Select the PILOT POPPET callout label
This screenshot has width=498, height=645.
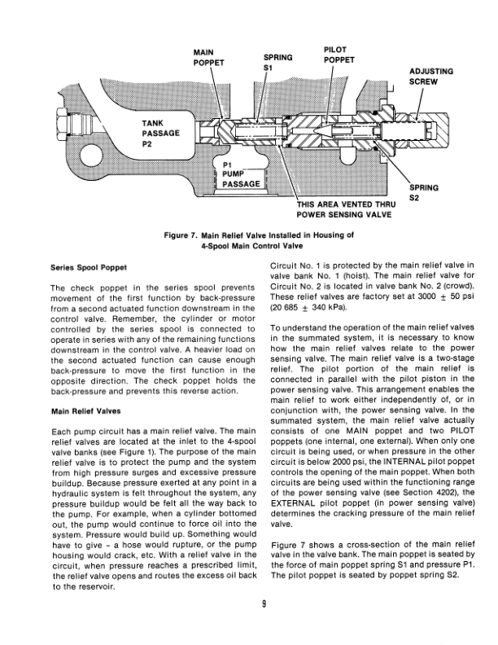click(x=338, y=54)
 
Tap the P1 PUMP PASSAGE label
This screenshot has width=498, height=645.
click(x=240, y=173)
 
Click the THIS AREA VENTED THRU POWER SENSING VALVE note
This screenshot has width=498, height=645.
click(x=346, y=209)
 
